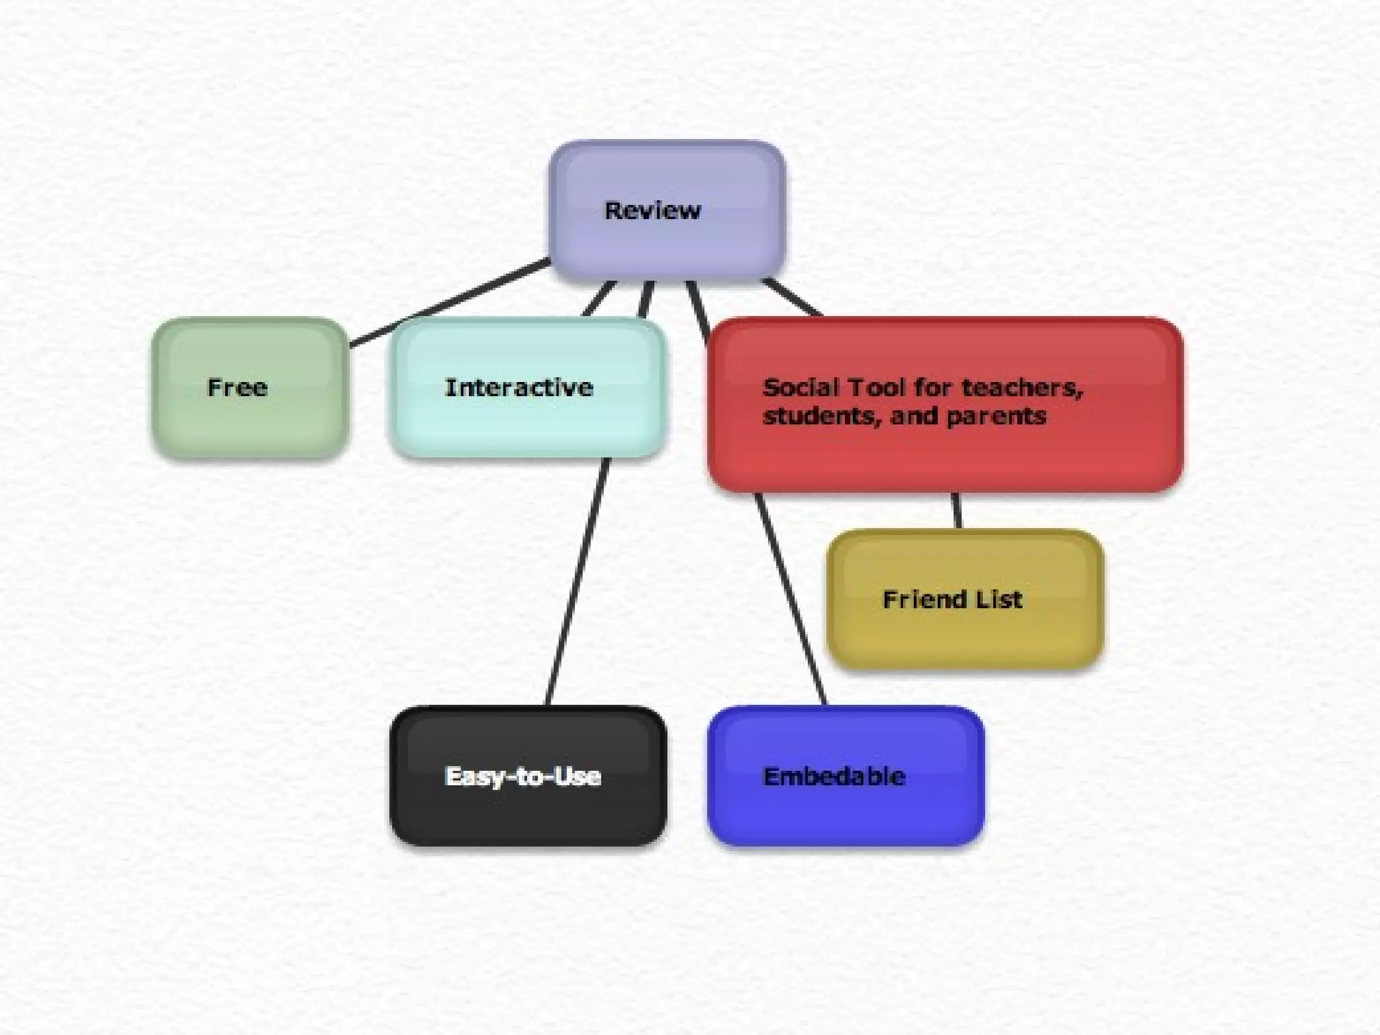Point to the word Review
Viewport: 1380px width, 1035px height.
point(652,210)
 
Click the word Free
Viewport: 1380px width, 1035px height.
point(237,387)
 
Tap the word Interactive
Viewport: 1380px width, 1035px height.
point(519,387)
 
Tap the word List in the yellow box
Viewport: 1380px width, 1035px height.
point(1001,599)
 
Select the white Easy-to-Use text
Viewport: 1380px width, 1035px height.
point(523,776)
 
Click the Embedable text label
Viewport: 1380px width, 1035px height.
point(834,776)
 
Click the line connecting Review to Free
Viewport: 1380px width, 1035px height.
point(450,303)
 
